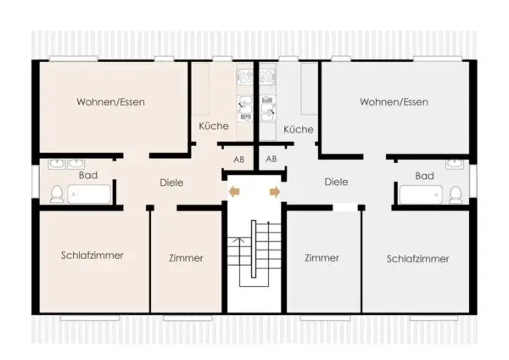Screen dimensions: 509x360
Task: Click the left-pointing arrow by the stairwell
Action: (234, 192)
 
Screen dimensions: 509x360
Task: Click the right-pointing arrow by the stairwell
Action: (275, 192)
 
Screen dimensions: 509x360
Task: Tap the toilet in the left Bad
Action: (57, 194)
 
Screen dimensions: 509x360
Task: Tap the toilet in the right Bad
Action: (456, 195)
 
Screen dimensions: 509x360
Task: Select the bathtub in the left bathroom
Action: (89, 194)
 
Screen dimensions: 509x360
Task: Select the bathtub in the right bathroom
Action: (421, 194)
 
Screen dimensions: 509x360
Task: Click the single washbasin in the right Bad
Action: (455, 164)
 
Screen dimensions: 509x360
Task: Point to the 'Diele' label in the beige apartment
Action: (171, 183)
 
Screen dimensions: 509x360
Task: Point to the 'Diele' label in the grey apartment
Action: (336, 182)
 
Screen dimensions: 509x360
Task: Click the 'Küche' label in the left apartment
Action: (214, 126)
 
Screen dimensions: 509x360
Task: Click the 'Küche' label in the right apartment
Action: (299, 129)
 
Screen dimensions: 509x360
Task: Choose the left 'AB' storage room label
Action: (239, 160)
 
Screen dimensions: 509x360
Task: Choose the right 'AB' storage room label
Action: (271, 159)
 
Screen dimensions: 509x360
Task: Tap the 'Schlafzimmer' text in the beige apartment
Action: (92, 256)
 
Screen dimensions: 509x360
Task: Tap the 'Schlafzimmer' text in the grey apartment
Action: (417, 259)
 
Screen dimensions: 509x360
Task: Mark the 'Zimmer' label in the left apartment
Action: (186, 258)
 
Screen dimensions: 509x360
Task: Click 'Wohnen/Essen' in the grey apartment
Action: (394, 102)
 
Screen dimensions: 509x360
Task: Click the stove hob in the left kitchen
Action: (245, 77)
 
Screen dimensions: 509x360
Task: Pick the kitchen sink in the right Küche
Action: (268, 108)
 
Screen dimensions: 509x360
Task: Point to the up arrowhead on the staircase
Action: (239, 240)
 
